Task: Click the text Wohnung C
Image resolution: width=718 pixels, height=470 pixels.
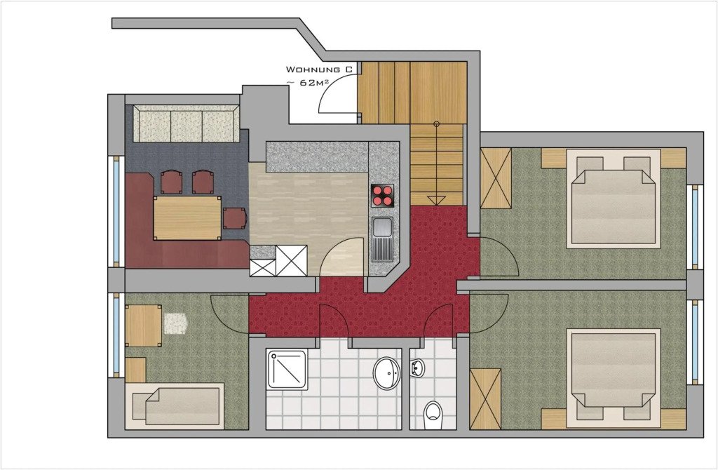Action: pos(316,69)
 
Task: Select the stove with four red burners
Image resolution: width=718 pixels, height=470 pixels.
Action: pos(383,194)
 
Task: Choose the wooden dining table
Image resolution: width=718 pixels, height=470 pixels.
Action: pos(187,217)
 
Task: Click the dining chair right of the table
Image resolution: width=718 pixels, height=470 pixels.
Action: pos(235,217)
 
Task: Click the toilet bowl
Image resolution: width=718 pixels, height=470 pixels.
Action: pos(433,414)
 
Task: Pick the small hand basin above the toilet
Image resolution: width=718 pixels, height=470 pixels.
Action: pos(417,366)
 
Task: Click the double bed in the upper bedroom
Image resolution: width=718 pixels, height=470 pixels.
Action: pos(614,202)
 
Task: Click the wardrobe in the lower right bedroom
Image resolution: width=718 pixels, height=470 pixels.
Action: pos(485,398)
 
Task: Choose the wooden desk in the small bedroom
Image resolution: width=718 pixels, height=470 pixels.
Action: pos(144,325)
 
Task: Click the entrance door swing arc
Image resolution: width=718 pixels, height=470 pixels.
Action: pos(339,95)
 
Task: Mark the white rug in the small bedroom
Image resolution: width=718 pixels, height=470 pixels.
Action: pos(176,323)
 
